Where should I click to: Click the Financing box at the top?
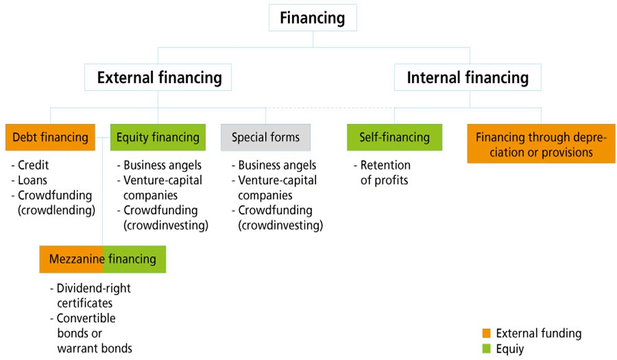[312, 19]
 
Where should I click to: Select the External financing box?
[159, 78]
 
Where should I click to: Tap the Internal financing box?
[467, 78]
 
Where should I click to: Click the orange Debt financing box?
[50, 137]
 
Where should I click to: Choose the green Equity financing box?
[158, 137]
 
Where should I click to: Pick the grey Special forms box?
[265, 137]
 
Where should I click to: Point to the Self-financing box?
[394, 137]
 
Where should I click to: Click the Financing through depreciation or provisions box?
[541, 145]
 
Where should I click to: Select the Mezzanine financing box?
[103, 259]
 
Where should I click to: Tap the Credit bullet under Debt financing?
[32, 166]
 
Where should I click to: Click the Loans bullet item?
[32, 181]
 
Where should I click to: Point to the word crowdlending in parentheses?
[57, 210]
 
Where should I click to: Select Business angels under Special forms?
[277, 166]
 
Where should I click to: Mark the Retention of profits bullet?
[385, 173]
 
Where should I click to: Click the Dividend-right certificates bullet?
[93, 296]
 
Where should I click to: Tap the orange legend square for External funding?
[487, 333]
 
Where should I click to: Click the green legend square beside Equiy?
[487, 349]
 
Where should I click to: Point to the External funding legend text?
[538, 333]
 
